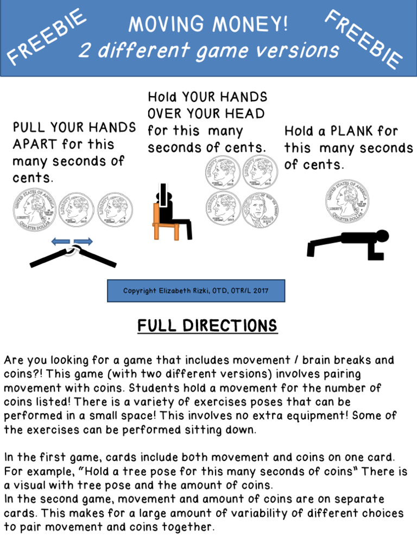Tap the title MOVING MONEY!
(x=208, y=24)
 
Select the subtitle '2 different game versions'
(x=209, y=51)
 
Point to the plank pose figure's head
(x=382, y=236)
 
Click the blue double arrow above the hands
(x=72, y=242)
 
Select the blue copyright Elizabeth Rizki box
(x=196, y=291)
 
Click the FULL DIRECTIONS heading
(x=207, y=326)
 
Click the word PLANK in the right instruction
(x=357, y=131)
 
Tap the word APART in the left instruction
(x=35, y=144)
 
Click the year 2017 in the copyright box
(x=259, y=291)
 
